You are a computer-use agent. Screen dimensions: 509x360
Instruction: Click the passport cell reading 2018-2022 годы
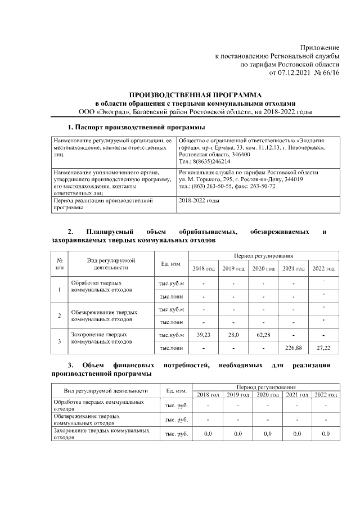tap(198, 200)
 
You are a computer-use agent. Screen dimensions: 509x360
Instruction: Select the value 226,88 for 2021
tap(293, 348)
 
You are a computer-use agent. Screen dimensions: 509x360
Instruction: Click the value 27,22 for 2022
tap(323, 348)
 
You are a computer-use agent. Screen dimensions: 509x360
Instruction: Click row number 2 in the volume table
tap(60, 316)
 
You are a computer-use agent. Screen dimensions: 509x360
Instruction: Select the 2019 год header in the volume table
tap(233, 268)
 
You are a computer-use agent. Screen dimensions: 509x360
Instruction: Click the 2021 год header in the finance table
tap(296, 394)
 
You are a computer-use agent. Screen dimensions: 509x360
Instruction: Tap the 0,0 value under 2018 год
tap(208, 434)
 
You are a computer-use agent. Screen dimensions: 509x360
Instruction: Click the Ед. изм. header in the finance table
tap(177, 391)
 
